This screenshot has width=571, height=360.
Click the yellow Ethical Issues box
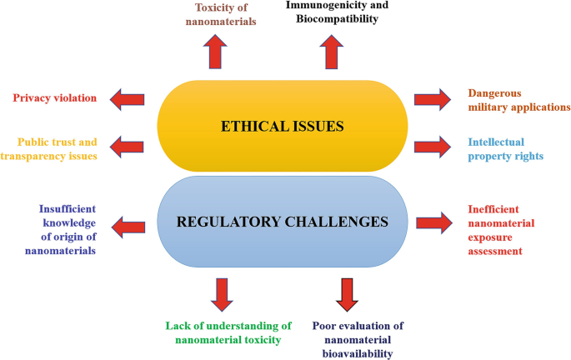(x=282, y=126)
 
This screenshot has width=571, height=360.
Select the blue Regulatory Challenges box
(x=282, y=222)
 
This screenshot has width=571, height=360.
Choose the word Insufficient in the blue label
(x=68, y=209)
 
